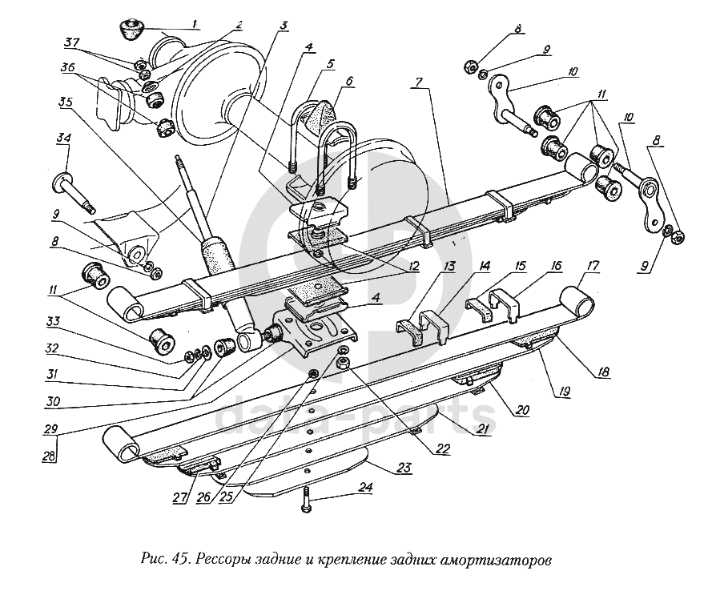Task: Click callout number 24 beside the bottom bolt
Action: tap(365, 486)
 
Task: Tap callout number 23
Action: tap(403, 466)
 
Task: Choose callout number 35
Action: tap(65, 102)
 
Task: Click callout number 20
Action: tap(523, 410)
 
